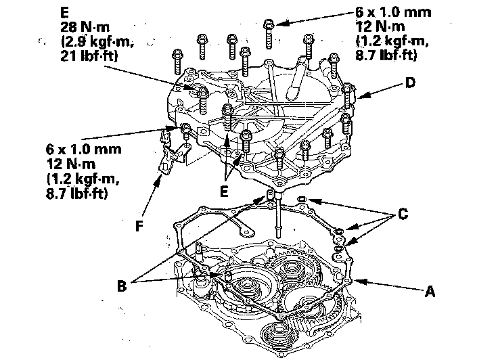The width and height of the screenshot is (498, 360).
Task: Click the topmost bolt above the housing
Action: (269, 26)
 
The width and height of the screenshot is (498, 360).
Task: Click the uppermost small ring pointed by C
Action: (302, 199)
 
